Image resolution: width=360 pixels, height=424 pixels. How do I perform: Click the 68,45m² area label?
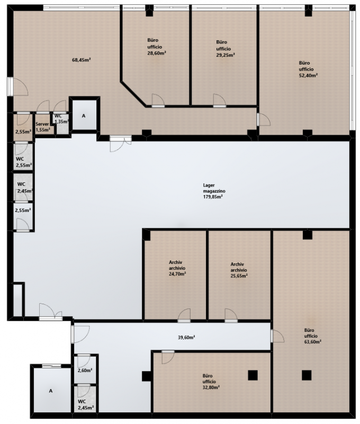[82, 60]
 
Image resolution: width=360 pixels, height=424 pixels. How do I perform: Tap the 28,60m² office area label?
[156, 47]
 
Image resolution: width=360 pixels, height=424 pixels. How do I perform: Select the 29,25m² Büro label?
[225, 48]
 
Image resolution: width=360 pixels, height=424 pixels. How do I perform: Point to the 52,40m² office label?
[308, 69]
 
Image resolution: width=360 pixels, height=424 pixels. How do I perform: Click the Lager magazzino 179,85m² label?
[214, 191]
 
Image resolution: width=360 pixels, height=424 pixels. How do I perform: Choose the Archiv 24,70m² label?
[177, 268]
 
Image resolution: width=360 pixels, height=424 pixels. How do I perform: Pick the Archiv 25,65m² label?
[239, 270]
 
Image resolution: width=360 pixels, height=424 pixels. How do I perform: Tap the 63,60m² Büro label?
[312, 336]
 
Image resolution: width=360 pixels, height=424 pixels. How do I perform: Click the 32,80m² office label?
[211, 381]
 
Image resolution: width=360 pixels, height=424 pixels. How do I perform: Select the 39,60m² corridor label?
[186, 337]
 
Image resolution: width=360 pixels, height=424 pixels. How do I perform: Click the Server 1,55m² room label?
[43, 127]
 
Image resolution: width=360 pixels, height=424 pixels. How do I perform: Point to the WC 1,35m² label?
[61, 119]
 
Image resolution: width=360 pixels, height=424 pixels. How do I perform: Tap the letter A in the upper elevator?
[84, 116]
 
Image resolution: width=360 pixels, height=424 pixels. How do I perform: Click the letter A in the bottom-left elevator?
[50, 391]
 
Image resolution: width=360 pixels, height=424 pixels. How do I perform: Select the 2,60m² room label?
[85, 370]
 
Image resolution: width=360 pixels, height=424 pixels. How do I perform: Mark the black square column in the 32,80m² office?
[253, 375]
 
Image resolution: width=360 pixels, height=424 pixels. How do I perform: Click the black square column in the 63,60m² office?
[307, 375]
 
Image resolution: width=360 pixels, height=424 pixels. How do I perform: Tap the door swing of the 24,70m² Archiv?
[184, 315]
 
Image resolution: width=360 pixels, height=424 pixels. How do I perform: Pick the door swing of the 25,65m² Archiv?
[231, 315]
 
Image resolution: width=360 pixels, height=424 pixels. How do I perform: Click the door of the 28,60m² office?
[158, 101]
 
